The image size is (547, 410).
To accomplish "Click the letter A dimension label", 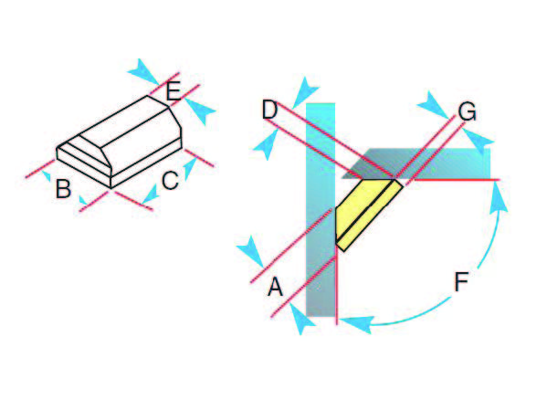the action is click(x=275, y=287).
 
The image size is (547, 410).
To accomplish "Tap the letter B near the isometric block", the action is click(x=63, y=189).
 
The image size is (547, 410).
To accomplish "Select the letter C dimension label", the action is click(x=170, y=181).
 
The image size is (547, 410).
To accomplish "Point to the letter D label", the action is click(x=269, y=110).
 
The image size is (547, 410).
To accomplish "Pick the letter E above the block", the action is click(x=174, y=91).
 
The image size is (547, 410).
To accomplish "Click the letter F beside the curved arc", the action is click(x=461, y=282).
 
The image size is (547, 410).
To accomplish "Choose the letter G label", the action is click(x=468, y=112).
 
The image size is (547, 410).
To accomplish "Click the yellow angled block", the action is click(x=368, y=214).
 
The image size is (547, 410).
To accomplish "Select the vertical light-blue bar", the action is click(x=321, y=209).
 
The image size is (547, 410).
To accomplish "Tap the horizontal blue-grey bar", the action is click(x=417, y=163).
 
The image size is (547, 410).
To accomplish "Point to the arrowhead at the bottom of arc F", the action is click(x=355, y=323).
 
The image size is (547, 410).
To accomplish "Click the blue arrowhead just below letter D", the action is click(x=267, y=144).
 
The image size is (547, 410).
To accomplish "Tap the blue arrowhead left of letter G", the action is click(x=433, y=104).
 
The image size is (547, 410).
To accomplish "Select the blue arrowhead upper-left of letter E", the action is click(x=143, y=71).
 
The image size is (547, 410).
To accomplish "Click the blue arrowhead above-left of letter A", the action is click(x=250, y=251).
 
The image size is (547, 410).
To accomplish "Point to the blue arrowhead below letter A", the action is click(x=301, y=319).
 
